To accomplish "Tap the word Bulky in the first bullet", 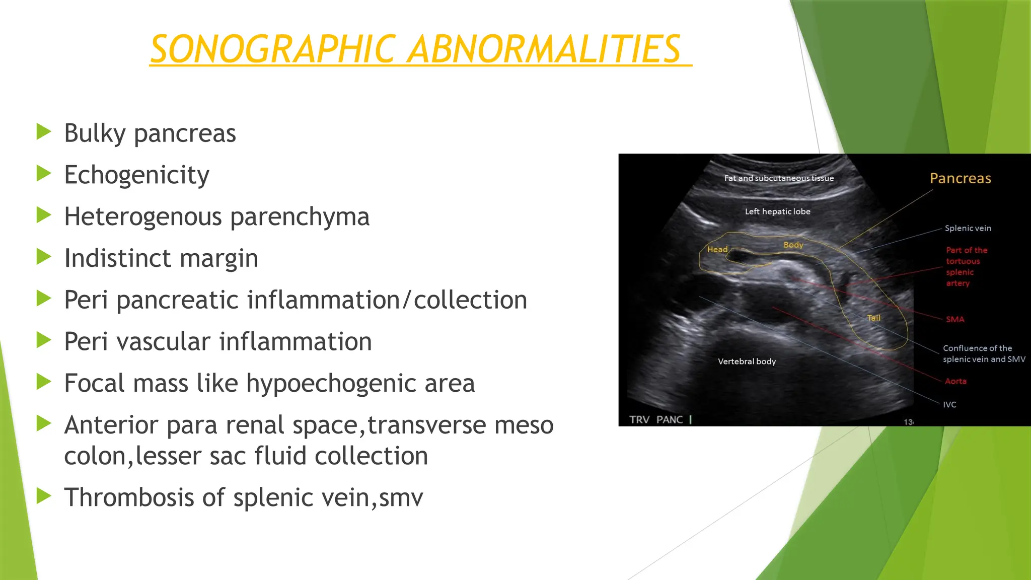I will coord(95,134).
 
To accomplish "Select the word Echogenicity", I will coord(136,176).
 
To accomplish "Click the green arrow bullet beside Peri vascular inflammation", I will coord(44,341).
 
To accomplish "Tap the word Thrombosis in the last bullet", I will coord(129,498).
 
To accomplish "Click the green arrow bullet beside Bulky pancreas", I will coord(44,132).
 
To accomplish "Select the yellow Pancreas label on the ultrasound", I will coord(960,179).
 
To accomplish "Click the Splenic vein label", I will coord(968,228).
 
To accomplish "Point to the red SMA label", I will coord(955,319).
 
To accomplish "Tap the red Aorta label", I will coord(955,381).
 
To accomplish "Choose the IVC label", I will coord(949,404).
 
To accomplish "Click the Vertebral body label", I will coord(747,361).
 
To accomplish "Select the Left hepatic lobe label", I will coord(777,211).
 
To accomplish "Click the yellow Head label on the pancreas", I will coord(717,249).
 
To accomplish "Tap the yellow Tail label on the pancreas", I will coord(873,318).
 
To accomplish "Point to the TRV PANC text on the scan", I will coord(656,419).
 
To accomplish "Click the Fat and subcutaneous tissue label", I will coord(779,178).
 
